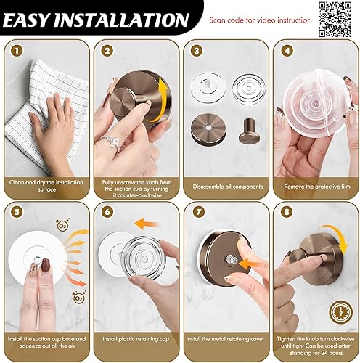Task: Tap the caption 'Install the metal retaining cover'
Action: (225, 338)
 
